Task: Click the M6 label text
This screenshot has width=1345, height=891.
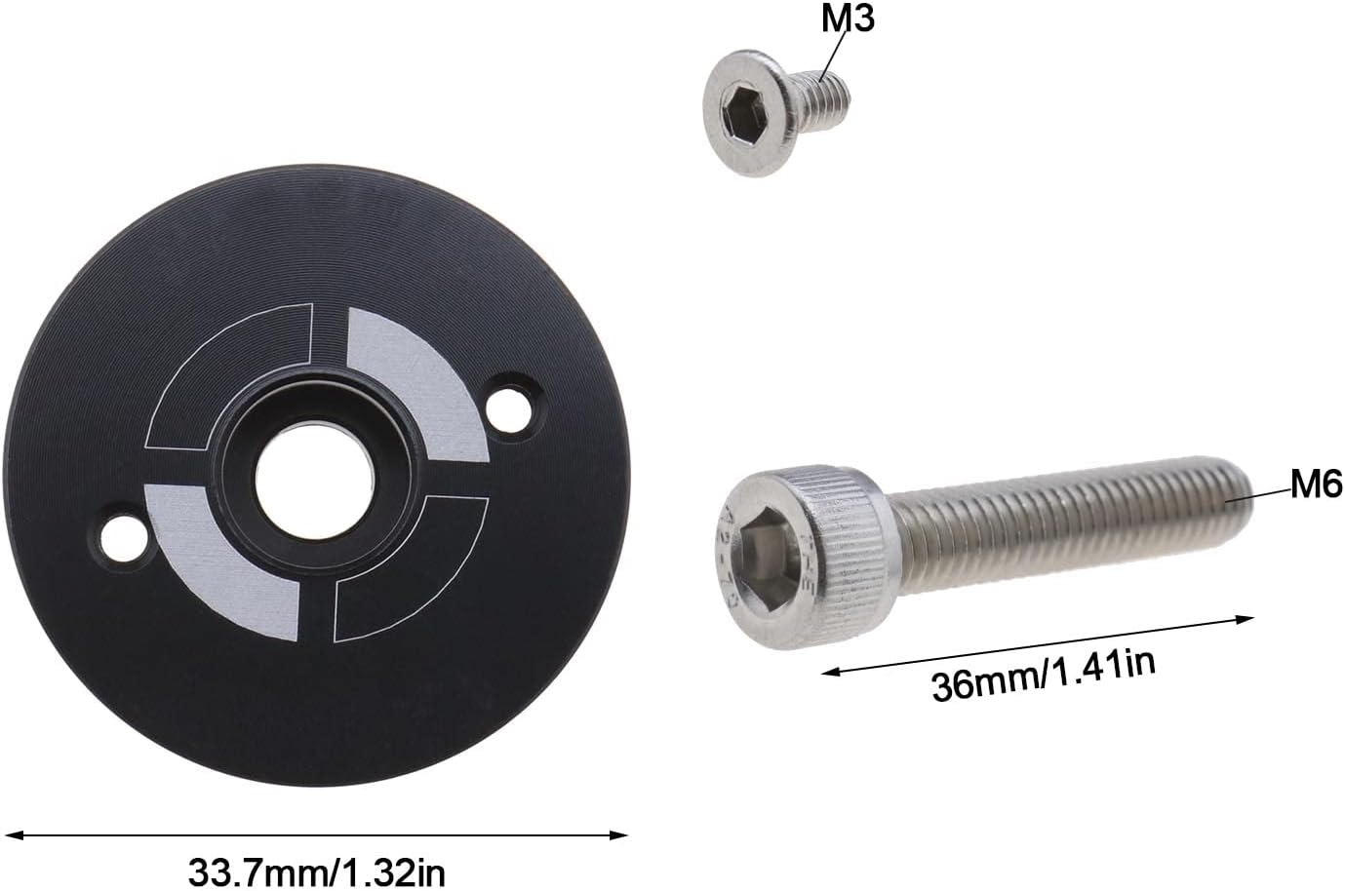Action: click(x=1317, y=484)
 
